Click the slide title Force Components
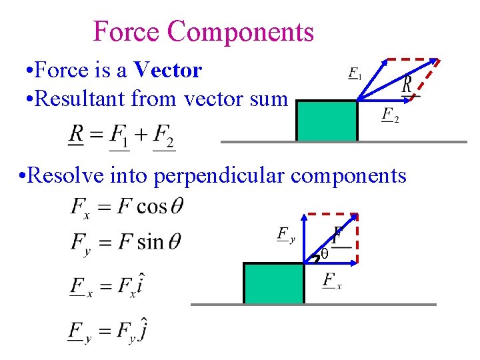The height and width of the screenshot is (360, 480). (203, 31)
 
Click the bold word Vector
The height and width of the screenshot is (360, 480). (167, 69)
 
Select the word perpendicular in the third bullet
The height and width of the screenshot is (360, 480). (220, 175)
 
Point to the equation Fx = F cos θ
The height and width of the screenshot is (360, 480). (126, 207)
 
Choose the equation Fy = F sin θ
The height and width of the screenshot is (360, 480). (126, 241)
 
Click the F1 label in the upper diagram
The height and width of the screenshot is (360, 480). (355, 73)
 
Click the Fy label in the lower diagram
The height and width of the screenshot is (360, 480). (285, 235)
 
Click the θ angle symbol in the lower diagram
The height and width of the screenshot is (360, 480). (325, 254)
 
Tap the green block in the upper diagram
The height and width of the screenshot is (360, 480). (327, 121)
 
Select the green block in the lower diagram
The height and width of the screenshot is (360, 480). (274, 283)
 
